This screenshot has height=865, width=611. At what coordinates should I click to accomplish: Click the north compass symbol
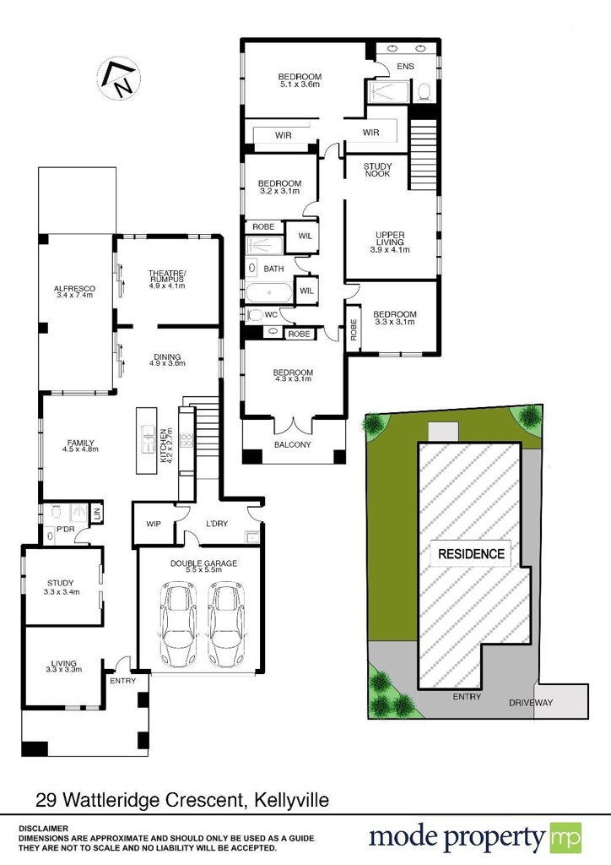(x=119, y=78)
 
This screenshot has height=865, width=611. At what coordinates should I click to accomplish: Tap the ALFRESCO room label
(x=74, y=289)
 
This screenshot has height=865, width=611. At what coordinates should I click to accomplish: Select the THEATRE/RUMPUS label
(x=167, y=276)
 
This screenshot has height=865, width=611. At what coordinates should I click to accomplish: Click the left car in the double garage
(x=178, y=624)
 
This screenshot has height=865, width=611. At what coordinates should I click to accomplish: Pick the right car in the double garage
(x=226, y=624)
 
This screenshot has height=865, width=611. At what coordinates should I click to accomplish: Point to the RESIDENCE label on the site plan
(x=471, y=554)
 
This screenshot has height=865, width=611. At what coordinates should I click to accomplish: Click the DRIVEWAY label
(x=531, y=703)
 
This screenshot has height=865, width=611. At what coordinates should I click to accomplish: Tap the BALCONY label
(x=293, y=444)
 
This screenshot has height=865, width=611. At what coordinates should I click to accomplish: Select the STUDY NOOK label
(x=377, y=170)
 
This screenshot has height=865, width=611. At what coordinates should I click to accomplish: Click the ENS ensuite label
(x=405, y=66)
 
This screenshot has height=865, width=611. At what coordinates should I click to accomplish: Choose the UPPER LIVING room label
(x=390, y=238)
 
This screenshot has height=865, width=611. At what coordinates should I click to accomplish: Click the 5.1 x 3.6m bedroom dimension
(x=300, y=84)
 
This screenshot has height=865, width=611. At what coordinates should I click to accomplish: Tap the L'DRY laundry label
(x=217, y=524)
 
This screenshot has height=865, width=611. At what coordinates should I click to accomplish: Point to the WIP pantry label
(x=154, y=524)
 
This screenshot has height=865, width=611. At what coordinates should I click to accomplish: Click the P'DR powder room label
(x=66, y=530)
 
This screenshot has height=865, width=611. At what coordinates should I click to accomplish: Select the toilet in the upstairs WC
(x=255, y=316)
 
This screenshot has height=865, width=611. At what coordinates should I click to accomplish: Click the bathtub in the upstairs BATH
(x=269, y=292)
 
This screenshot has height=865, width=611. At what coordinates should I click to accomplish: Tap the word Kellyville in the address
(x=291, y=800)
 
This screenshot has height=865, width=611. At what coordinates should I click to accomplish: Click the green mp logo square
(x=565, y=838)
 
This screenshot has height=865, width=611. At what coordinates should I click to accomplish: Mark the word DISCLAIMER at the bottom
(x=44, y=829)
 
